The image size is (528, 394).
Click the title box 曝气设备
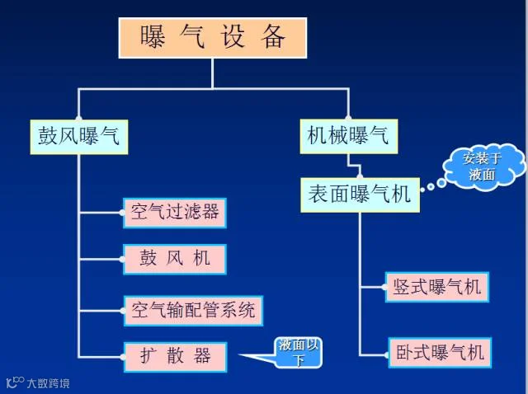pos(213,38)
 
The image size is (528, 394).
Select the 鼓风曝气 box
pos(79,137)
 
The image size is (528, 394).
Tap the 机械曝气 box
pos(349,136)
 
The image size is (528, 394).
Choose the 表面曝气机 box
pos(360,195)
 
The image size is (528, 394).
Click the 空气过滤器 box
pos(175,213)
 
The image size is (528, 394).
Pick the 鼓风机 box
pos(175,259)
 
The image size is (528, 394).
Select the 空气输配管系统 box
pos(193,311)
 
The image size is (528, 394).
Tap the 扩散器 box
pos(176,357)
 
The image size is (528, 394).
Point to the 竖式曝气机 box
pos(437,287)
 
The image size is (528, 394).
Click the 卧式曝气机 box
pos(440,353)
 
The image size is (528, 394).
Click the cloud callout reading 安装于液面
pos(483,167)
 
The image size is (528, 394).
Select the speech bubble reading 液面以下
pos(299,353)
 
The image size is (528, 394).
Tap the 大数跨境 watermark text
pos(49,383)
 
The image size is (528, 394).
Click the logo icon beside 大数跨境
pos(15,382)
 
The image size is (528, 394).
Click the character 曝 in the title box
pos(153,37)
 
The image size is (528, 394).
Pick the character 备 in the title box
pos(272,37)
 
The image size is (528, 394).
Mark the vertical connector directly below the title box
pos(213,73)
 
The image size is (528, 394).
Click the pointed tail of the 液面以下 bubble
pos(240,355)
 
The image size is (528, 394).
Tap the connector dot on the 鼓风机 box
pos(122,260)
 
